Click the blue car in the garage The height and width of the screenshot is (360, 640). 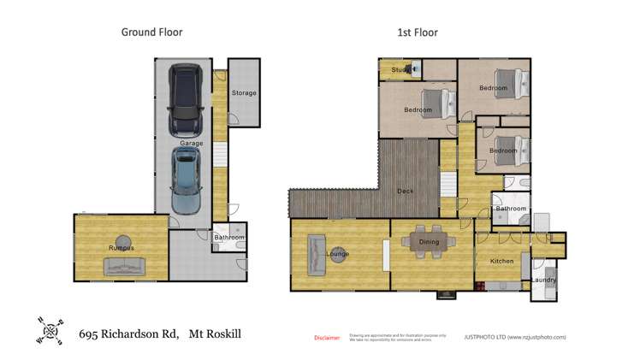click(187, 180)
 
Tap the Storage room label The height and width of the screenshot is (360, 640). click(243, 93)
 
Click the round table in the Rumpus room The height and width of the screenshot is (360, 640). click(125, 240)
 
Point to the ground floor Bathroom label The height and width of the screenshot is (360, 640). click(228, 238)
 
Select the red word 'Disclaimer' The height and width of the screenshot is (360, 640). click(327, 338)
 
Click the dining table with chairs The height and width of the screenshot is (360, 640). click(428, 242)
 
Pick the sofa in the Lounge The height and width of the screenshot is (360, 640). click(315, 254)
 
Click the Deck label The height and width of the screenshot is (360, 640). click(405, 191)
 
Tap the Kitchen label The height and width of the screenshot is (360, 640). click(501, 261)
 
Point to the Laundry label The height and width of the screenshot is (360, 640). click(543, 280)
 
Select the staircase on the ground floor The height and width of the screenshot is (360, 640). click(219, 156)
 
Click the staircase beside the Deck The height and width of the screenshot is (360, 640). click(448, 184)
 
